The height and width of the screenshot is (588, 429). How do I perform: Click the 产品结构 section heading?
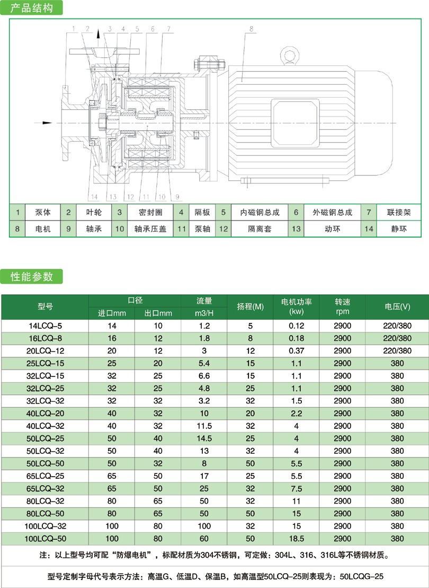click(x=31, y=8)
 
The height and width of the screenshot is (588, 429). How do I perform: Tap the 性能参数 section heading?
click(x=31, y=277)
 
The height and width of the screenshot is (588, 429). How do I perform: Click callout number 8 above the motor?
click(x=252, y=29)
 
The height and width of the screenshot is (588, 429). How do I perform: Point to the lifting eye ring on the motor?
click(x=290, y=56)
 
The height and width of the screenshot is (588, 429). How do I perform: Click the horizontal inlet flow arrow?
click(x=43, y=122)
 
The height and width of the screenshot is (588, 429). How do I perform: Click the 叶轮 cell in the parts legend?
click(x=94, y=212)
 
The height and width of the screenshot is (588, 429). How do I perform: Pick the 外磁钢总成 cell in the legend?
click(x=332, y=212)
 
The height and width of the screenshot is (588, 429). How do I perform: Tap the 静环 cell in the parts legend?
click(x=399, y=229)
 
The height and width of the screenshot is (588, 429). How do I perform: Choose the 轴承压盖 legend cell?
click(x=150, y=229)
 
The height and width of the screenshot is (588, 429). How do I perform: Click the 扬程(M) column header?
click(x=251, y=307)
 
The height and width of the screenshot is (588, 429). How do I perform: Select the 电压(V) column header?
click(x=397, y=307)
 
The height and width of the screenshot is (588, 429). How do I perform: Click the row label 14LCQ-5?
click(x=46, y=326)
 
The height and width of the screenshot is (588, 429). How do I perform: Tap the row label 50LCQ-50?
click(x=46, y=463)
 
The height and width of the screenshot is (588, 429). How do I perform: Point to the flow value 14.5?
click(x=204, y=438)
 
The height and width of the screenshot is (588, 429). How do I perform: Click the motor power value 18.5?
click(x=297, y=539)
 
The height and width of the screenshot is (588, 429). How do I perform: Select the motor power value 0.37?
click(x=297, y=350)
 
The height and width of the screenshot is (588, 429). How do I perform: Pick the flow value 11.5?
click(x=204, y=426)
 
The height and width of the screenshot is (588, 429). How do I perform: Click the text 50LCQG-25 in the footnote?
click(x=361, y=576)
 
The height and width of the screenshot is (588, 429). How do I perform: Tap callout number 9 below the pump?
click(x=177, y=197)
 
